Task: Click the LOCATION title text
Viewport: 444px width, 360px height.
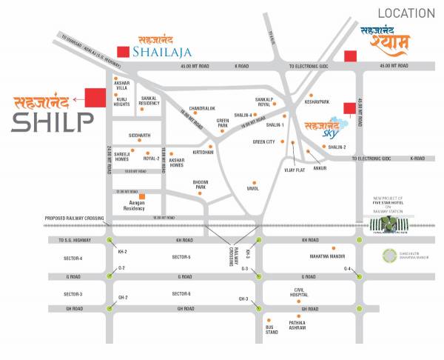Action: [406, 13]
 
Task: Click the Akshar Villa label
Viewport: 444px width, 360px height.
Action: [122, 85]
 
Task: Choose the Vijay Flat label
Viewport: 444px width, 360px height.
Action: [295, 170]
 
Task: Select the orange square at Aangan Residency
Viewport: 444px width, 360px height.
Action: [152, 196]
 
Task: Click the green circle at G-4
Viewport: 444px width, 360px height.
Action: [360, 276]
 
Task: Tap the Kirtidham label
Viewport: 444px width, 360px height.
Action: [203, 152]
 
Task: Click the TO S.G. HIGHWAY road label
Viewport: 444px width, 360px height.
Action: [74, 241]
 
